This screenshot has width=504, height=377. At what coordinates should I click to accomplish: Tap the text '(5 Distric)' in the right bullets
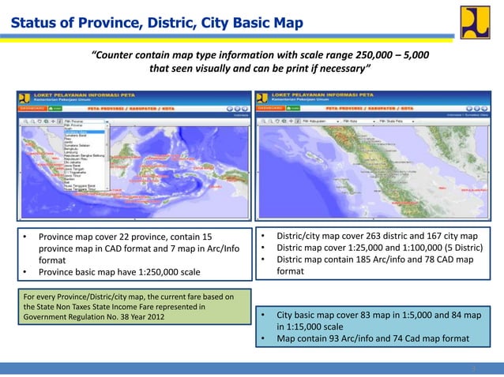[457, 248]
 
